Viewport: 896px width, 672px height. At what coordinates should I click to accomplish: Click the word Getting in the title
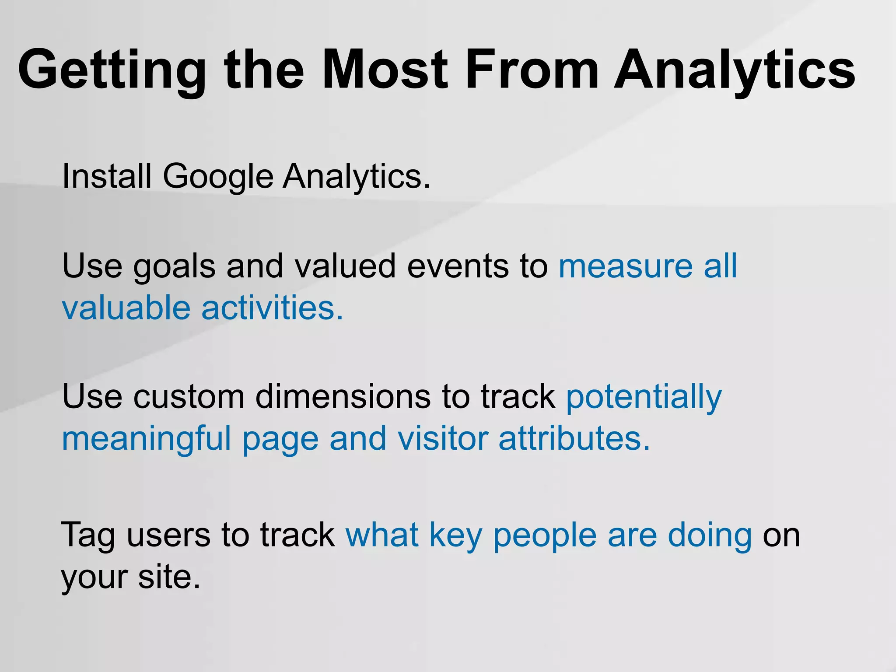112,70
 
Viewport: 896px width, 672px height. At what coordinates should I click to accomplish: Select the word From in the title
532,70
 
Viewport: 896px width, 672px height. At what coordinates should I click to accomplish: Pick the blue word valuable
126,308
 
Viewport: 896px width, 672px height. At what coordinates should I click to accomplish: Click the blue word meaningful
146,439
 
